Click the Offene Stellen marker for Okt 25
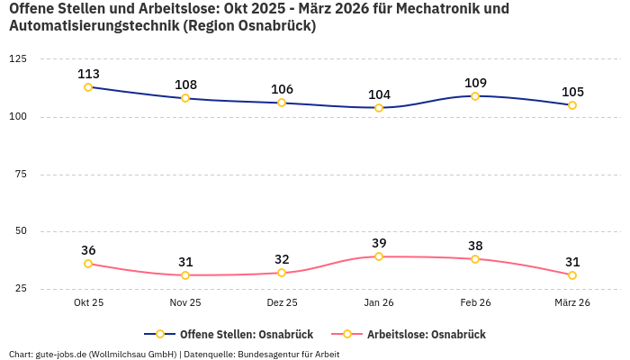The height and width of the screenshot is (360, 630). coord(88,87)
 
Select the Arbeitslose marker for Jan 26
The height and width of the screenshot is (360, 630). coord(379,256)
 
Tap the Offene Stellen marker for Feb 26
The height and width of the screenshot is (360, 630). coord(475,95)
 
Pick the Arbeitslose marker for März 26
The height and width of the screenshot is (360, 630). coord(572,275)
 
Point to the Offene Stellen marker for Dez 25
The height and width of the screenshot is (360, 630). coord(282,103)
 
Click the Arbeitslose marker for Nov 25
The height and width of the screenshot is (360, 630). coord(185,275)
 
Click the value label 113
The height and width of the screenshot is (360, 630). coord(88,74)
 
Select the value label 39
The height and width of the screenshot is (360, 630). coord(379,243)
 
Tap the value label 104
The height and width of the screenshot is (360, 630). coord(379,94)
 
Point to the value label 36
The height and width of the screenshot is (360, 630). coord(88,250)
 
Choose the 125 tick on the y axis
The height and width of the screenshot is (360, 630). coord(18,58)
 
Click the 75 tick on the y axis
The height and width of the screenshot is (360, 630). coord(21,174)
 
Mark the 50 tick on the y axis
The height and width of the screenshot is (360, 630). coord(21,231)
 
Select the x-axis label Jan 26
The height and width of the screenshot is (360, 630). coord(379,303)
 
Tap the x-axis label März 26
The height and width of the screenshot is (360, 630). coord(572,303)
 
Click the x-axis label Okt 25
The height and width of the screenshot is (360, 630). coord(88,303)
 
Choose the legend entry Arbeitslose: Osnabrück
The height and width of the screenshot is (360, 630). coord(426,334)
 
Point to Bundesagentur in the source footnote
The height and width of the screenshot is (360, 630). coord(268,354)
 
